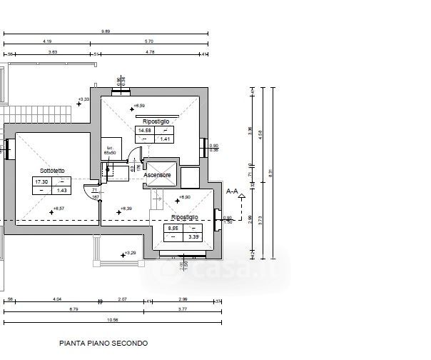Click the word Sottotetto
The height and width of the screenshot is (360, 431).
tap(53, 171)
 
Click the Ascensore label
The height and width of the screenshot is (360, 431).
tap(157, 175)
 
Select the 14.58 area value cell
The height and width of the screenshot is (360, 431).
tap(145, 131)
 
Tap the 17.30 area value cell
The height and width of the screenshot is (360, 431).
tap(41, 182)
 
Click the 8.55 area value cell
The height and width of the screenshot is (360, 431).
tap(172, 227)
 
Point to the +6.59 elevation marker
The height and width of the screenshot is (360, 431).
tap(138, 106)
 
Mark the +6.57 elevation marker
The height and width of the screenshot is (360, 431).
tap(58, 208)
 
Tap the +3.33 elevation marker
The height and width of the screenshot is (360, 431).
tap(83, 99)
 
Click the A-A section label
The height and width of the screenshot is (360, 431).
tap(232, 191)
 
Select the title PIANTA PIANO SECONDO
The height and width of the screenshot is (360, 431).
tap(103, 343)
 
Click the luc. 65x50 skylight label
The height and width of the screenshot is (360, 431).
tap(110, 149)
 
